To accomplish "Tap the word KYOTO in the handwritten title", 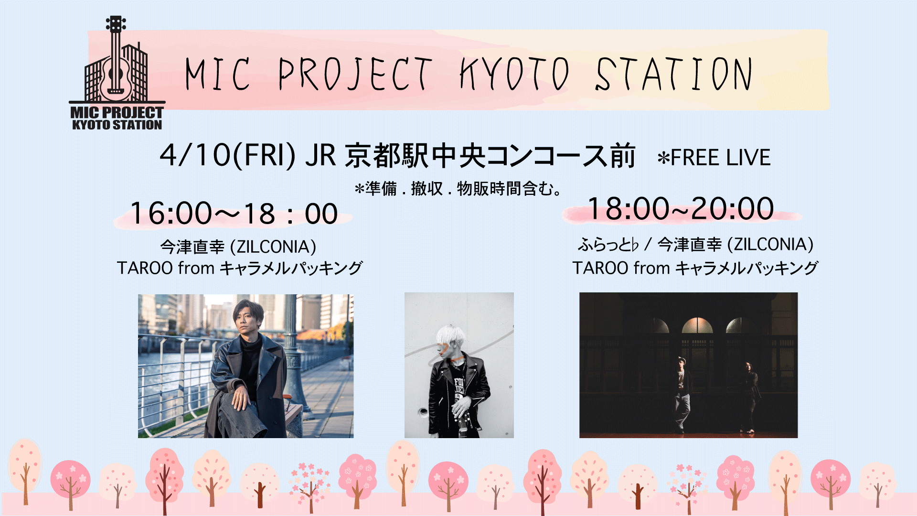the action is [x=515, y=74].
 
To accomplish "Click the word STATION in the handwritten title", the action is [x=673, y=74].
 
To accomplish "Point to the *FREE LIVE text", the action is [x=714, y=158].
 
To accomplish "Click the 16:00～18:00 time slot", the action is [x=234, y=213].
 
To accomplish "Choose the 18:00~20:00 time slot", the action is [x=681, y=209].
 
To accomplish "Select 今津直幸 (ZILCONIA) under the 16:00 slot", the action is [x=238, y=247].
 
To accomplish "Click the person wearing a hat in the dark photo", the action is [x=683, y=395].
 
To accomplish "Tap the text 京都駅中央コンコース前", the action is [x=490, y=156].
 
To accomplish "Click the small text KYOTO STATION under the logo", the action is [x=117, y=125].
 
